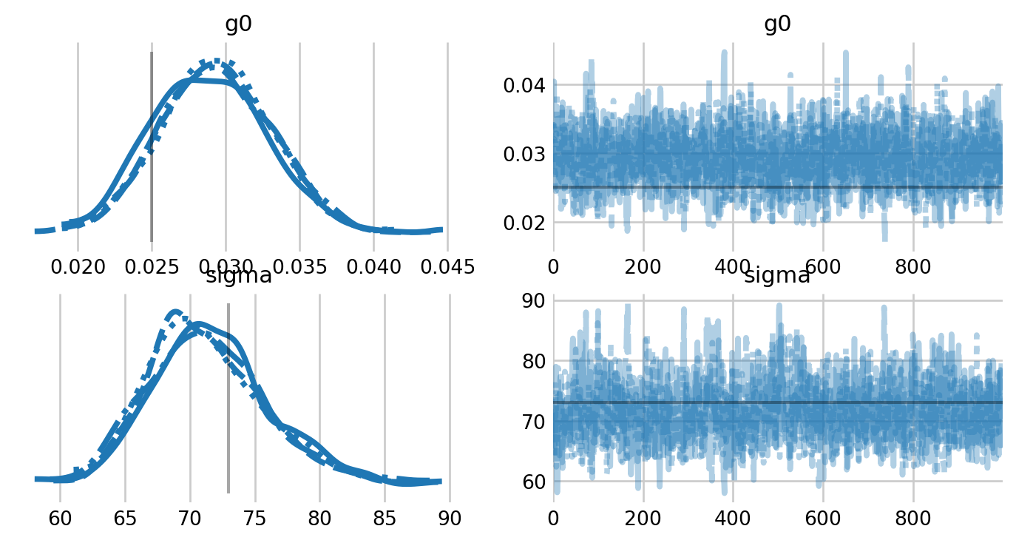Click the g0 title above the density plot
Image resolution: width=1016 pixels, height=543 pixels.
click(x=238, y=24)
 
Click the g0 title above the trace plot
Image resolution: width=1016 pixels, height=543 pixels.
click(x=777, y=24)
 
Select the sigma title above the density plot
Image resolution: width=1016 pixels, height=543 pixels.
click(x=238, y=277)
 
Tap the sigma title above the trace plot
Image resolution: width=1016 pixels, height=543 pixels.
click(x=777, y=277)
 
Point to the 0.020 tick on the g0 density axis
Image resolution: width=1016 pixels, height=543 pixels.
click(x=78, y=266)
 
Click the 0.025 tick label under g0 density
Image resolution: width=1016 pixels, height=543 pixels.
click(x=152, y=266)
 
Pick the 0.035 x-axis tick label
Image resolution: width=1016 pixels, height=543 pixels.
click(x=299, y=266)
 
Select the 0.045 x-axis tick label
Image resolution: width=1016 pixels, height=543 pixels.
click(x=447, y=266)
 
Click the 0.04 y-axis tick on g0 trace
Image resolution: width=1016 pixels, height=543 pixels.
click(x=524, y=86)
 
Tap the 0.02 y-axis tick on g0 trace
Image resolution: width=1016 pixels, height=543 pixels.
click(x=524, y=223)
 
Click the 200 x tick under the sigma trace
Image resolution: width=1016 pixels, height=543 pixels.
click(x=643, y=518)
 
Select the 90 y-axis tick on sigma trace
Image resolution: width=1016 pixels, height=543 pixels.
click(x=534, y=301)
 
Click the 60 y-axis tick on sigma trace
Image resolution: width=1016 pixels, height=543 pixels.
click(x=534, y=482)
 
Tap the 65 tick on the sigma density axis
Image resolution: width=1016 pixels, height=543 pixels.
click(x=125, y=518)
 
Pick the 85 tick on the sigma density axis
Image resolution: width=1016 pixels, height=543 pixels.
click(x=385, y=518)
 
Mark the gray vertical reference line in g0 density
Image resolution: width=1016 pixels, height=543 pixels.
click(x=152, y=148)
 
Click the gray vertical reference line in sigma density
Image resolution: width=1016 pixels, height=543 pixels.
click(x=228, y=399)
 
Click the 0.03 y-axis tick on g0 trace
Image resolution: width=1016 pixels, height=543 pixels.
click(x=524, y=155)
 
